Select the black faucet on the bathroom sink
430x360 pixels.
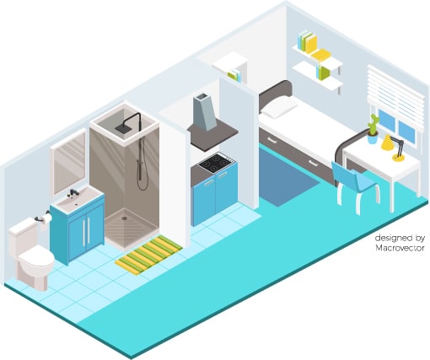73,192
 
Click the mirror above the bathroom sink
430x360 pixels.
69,163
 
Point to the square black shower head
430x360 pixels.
122,128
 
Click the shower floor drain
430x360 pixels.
124,218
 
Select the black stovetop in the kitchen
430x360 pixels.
216,163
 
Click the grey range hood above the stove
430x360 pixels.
205,112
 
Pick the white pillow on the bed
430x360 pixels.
279,107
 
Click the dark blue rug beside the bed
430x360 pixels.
285,175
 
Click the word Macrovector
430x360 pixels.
400,248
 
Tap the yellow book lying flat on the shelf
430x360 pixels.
320,54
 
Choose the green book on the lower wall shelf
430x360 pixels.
324,73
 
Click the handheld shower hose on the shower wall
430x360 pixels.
141,163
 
